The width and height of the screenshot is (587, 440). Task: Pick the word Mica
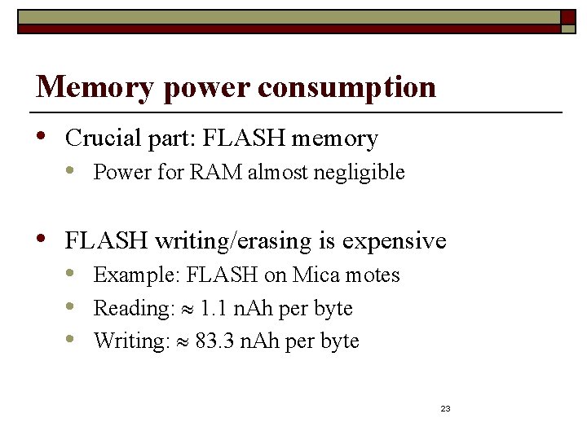pos(317,275)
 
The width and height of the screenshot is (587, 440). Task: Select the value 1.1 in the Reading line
pos(214,309)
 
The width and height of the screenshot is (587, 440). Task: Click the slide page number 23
pos(445,408)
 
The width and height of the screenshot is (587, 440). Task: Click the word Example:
pos(137,275)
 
